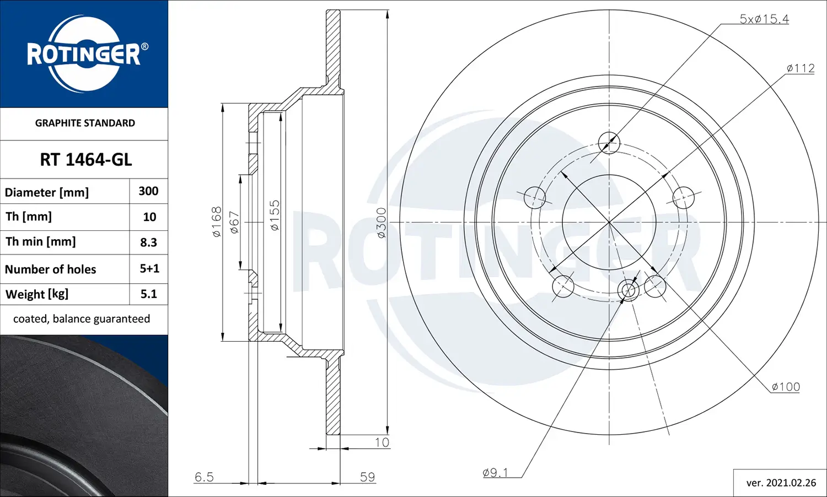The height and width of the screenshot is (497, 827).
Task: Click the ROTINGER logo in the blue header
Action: click(x=84, y=54)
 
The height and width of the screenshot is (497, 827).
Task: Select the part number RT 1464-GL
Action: click(x=85, y=160)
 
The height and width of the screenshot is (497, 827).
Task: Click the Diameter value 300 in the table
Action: click(x=148, y=191)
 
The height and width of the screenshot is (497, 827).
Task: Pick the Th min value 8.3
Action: click(x=148, y=242)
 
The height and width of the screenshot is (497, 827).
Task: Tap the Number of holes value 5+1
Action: click(x=149, y=269)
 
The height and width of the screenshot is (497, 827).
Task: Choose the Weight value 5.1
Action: click(x=148, y=294)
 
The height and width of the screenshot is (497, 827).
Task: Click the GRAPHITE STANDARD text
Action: click(x=85, y=123)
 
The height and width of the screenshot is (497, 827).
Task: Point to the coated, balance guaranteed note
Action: click(x=82, y=319)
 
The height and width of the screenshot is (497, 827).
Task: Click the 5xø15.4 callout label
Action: click(x=764, y=19)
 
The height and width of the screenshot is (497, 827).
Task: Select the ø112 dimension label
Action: click(x=800, y=68)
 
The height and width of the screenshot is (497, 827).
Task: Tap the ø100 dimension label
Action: click(x=785, y=387)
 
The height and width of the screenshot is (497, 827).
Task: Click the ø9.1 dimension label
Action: click(x=495, y=473)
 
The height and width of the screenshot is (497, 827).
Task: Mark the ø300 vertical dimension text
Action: click(x=381, y=223)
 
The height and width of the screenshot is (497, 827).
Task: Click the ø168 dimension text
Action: click(x=217, y=222)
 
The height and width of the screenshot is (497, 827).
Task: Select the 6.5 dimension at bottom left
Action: click(x=204, y=477)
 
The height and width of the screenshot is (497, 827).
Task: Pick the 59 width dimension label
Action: click(x=367, y=477)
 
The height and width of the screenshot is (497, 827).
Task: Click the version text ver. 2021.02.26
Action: click(x=781, y=483)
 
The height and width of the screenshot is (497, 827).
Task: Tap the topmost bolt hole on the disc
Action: click(x=609, y=143)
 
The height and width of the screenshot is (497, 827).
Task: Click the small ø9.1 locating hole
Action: click(x=629, y=290)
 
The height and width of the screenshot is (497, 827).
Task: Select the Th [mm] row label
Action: click(x=29, y=217)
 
